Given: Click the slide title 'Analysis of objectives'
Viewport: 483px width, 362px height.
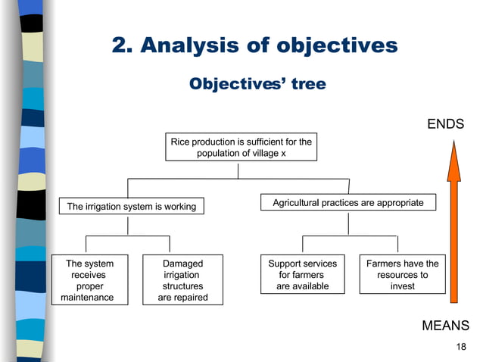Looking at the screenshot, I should click(x=254, y=45).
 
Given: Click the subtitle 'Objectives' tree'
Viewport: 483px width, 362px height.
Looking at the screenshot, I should click(x=257, y=83).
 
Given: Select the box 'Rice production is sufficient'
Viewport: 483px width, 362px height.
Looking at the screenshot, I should click(x=241, y=147).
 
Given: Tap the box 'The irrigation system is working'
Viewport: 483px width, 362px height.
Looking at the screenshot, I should click(x=132, y=206).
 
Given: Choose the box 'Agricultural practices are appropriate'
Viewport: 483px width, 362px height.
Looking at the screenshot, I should click(x=348, y=203).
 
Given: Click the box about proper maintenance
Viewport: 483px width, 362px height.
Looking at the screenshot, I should click(x=88, y=280).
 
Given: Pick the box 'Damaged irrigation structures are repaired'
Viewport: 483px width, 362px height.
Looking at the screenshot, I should click(x=182, y=280).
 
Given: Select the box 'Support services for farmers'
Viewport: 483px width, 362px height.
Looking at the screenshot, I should click(x=302, y=275).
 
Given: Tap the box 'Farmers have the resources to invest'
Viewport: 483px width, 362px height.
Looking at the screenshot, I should click(x=402, y=275).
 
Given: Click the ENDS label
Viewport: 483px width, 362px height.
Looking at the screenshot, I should click(x=445, y=124).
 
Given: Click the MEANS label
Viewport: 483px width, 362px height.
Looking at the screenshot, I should click(x=445, y=326).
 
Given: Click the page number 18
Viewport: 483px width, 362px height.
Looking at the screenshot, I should click(x=462, y=347).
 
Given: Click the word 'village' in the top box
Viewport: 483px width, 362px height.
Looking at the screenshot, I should click(x=257, y=153).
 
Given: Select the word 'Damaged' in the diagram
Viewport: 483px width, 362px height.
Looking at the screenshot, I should click(x=182, y=264).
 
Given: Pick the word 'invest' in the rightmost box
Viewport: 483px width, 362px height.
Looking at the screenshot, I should click(x=402, y=286).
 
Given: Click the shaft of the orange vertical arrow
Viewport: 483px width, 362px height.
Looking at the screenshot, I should click(x=453, y=242).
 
